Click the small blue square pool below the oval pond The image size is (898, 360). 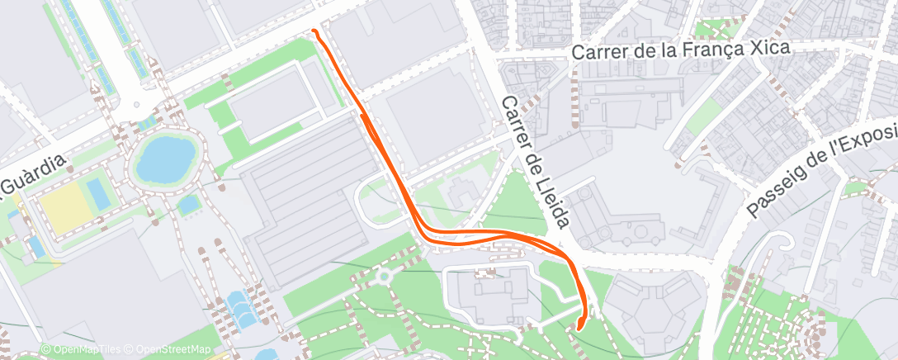click(189, 203)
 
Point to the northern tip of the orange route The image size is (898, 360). click(314, 31)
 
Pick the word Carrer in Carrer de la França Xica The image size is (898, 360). click(600, 52)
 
